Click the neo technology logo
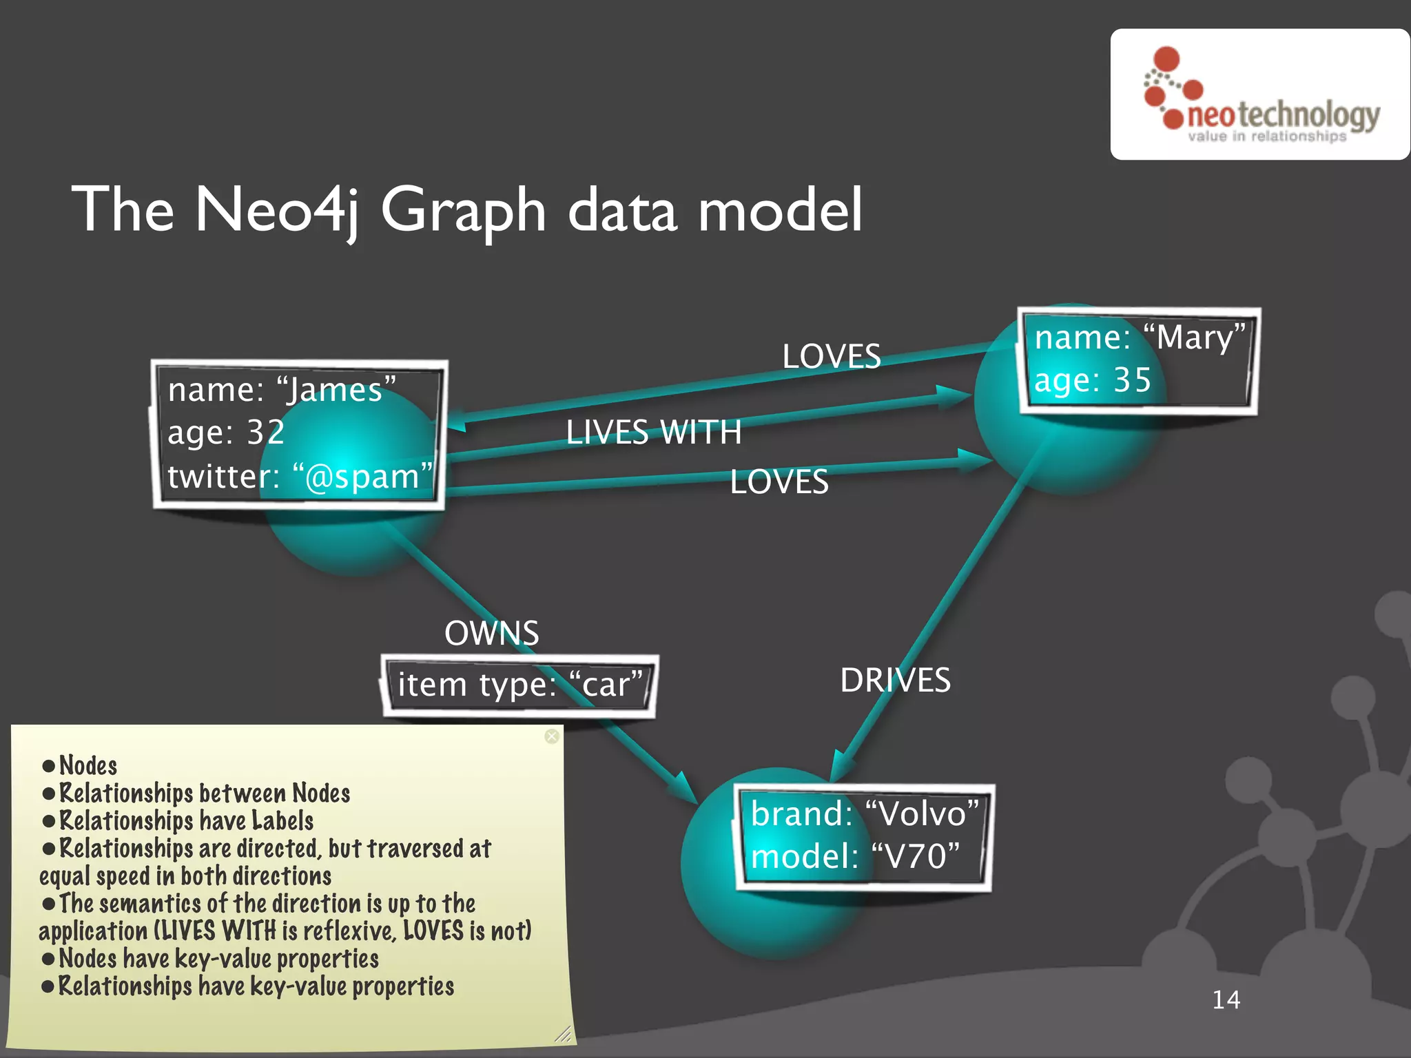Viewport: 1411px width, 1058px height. tap(1261, 95)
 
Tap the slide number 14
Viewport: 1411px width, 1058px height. tap(1226, 999)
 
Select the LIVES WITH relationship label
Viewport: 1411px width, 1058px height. tap(653, 433)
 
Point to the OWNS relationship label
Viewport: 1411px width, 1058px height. tap(491, 633)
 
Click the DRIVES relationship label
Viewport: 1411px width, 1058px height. tap(895, 681)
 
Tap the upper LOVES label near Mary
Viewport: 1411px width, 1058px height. tap(832, 356)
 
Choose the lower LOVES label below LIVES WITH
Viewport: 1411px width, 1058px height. tap(779, 481)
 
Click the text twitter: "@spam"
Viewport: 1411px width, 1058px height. tap(300, 477)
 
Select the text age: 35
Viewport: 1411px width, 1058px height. tap(1093, 380)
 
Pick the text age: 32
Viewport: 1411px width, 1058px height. tap(226, 433)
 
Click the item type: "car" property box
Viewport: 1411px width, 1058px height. tap(519, 685)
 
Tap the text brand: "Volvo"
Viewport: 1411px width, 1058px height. tap(865, 814)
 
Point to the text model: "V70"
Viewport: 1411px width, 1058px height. tap(855, 857)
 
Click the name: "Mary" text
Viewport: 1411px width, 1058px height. tap(1140, 338)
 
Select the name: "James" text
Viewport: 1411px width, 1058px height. tap(282, 390)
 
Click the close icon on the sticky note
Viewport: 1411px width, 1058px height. tap(552, 736)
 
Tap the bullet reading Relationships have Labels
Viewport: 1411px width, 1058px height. tap(186, 821)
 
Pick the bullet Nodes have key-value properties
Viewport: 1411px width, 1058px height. tap(218, 959)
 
